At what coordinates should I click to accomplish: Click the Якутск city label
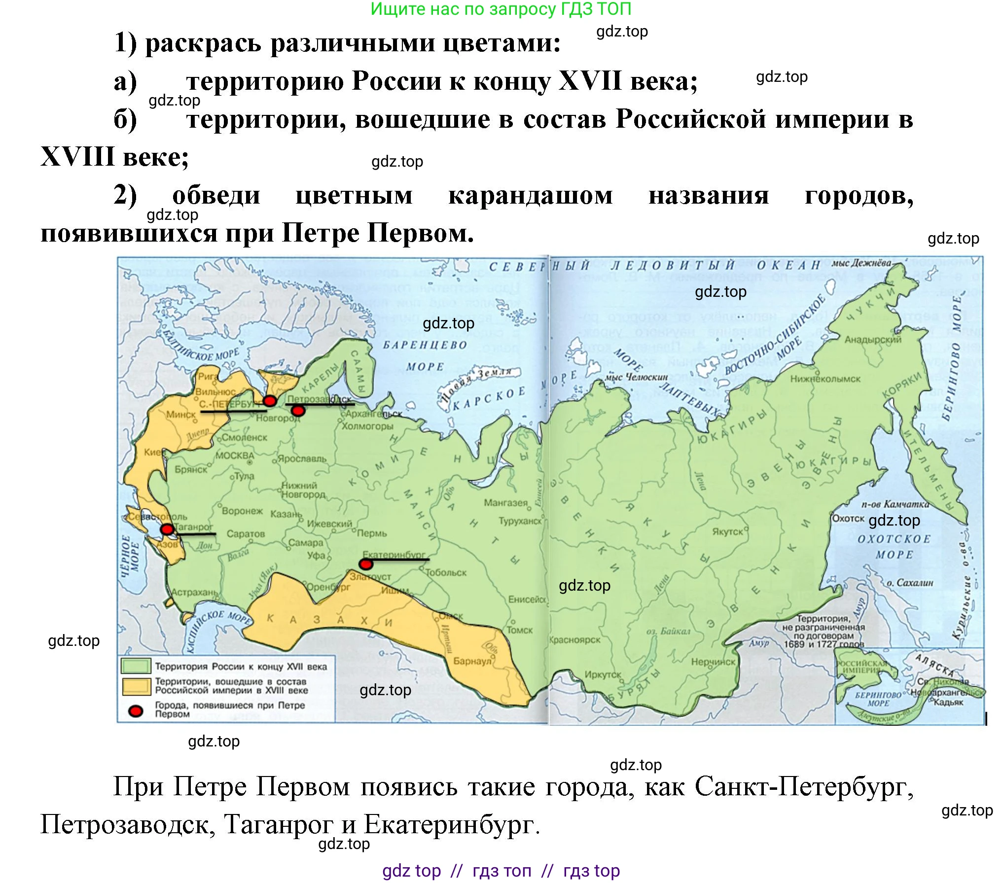coord(727,531)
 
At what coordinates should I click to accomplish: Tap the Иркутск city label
coord(603,674)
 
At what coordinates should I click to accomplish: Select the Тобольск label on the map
coord(446,572)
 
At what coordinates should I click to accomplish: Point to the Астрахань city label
coord(194,592)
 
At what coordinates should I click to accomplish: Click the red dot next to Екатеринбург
coord(365,564)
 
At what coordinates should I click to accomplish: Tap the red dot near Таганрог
coord(167,530)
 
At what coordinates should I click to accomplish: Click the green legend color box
coord(136,666)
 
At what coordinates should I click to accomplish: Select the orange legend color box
coord(136,686)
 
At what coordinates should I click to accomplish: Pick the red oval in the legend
coord(136,710)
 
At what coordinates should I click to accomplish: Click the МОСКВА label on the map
coord(235,456)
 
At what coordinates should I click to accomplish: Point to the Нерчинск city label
coord(713,662)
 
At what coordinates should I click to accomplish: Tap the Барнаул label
coord(472,661)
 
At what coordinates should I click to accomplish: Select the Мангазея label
coord(505,503)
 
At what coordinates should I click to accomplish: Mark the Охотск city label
coord(848,518)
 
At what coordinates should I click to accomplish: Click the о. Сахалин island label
coord(910,583)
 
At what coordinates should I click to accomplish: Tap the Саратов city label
coord(246,533)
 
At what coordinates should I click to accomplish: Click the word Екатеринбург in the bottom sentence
coord(449,824)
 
